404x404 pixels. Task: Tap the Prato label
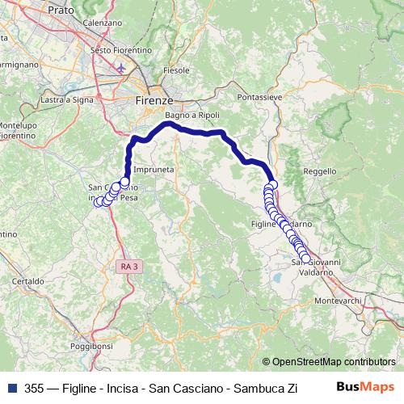[x=61, y=10]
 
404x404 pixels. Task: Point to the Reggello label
[x=318, y=171]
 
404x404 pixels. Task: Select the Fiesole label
[x=175, y=71]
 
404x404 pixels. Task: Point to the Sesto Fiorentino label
[x=121, y=49]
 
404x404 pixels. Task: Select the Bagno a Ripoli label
[x=191, y=116]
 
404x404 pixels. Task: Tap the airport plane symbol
[x=121, y=68]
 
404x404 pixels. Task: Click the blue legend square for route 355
[x=12, y=388]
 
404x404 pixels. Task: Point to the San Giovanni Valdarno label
[x=315, y=267]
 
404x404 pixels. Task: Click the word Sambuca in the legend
[x=249, y=388]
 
